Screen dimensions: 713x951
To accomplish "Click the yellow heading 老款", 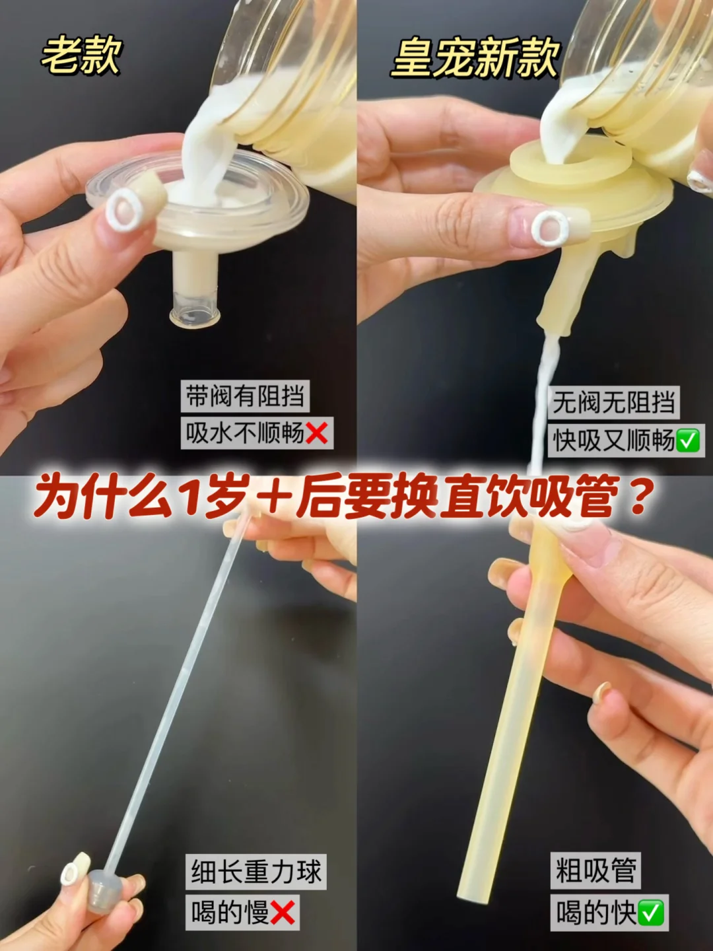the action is (x=81, y=56).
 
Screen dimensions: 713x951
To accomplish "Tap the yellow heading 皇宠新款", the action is (x=475, y=58).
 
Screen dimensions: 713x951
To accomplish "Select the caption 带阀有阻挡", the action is (x=245, y=396).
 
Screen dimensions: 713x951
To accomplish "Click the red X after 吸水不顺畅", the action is (x=316, y=433).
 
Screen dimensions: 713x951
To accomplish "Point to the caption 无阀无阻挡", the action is (x=613, y=402).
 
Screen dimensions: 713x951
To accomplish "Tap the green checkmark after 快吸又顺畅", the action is (x=687, y=440).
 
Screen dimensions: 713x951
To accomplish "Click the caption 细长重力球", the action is (x=256, y=872).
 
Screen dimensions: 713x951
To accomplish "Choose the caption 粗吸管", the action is (x=595, y=870).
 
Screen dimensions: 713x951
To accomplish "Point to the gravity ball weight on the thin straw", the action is (x=105, y=890).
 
